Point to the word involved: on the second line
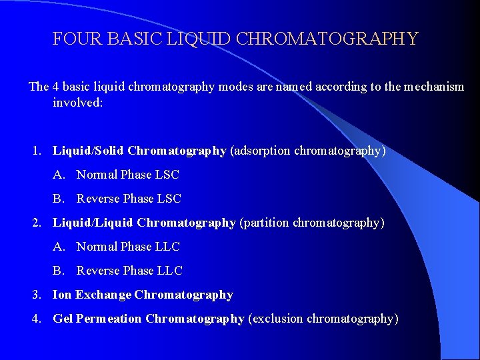(78, 103)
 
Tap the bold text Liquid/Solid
(89, 151)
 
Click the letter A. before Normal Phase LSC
(59, 175)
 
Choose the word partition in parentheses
(265, 223)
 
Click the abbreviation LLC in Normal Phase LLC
(168, 247)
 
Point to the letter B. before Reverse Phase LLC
(59, 271)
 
